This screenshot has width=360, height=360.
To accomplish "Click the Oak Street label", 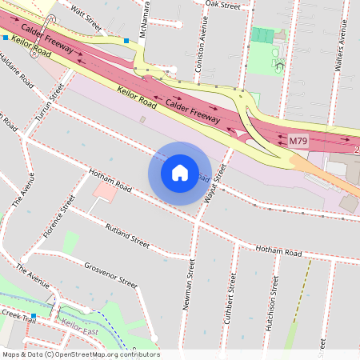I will (222, 5).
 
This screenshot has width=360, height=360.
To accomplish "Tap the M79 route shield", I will (298, 142).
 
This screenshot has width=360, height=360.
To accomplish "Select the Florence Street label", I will (58, 217).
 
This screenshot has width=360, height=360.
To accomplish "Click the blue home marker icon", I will (180, 173).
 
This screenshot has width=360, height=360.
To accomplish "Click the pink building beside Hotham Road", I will (104, 191).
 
